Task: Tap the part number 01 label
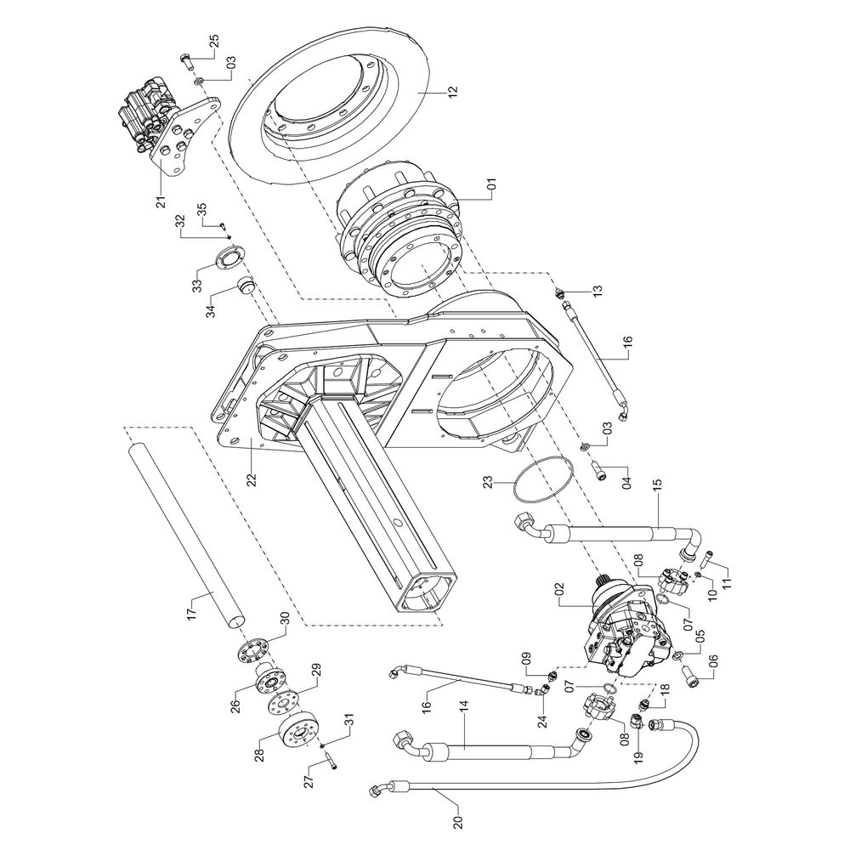[x=490, y=183]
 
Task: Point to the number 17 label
[x=192, y=607]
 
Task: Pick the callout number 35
[x=201, y=209]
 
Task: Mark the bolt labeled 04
[x=603, y=469]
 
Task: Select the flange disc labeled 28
[x=298, y=732]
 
